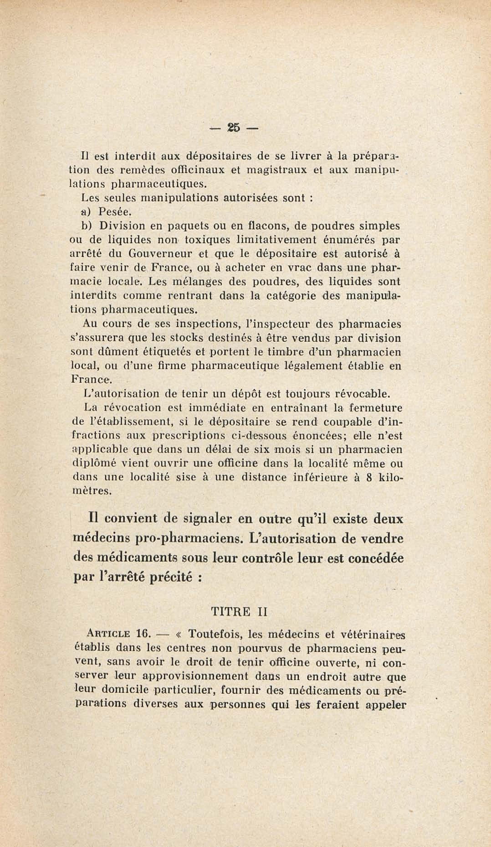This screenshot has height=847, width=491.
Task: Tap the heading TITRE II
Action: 239,611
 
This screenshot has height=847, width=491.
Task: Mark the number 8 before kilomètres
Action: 369,478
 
